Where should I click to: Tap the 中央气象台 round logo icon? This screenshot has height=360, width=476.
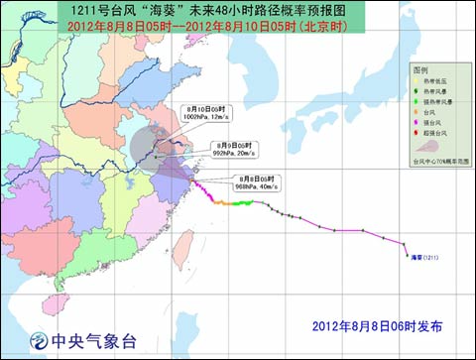pos(39,339)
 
